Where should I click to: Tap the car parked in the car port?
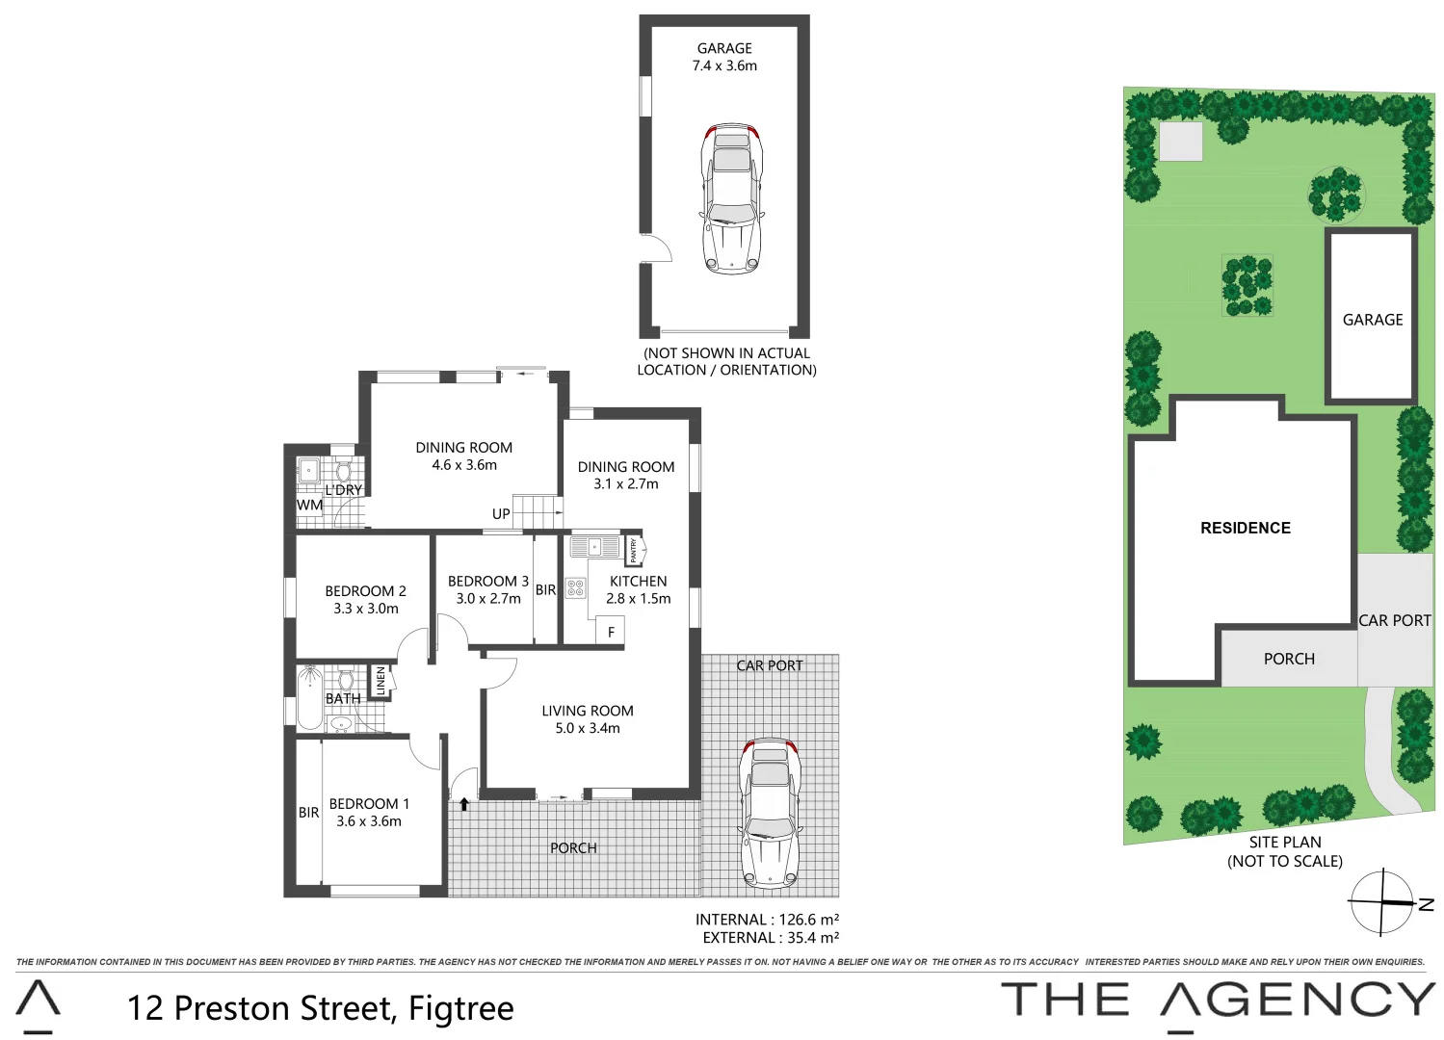pos(769,812)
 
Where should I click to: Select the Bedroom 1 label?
pos(369,804)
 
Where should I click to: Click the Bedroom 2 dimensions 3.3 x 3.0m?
pos(366,609)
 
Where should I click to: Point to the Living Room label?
pos(588,711)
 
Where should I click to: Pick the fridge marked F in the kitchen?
pos(611,632)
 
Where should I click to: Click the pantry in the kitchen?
pos(634,550)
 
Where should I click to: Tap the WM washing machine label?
pos(309,505)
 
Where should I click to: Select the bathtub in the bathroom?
pos(309,698)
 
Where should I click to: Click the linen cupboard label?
pos(381,681)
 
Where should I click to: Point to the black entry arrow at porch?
pos(464,803)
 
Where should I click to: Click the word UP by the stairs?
pos(501,514)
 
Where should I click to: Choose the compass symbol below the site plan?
pos(1383,902)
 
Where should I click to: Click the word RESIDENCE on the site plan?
pos(1245,528)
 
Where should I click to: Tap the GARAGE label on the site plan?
pos(1373,320)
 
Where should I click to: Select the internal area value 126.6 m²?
pos(808,920)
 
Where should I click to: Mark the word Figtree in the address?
pos(460,1008)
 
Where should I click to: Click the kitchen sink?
pos(594,547)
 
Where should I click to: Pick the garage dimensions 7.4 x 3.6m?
pos(724,65)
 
